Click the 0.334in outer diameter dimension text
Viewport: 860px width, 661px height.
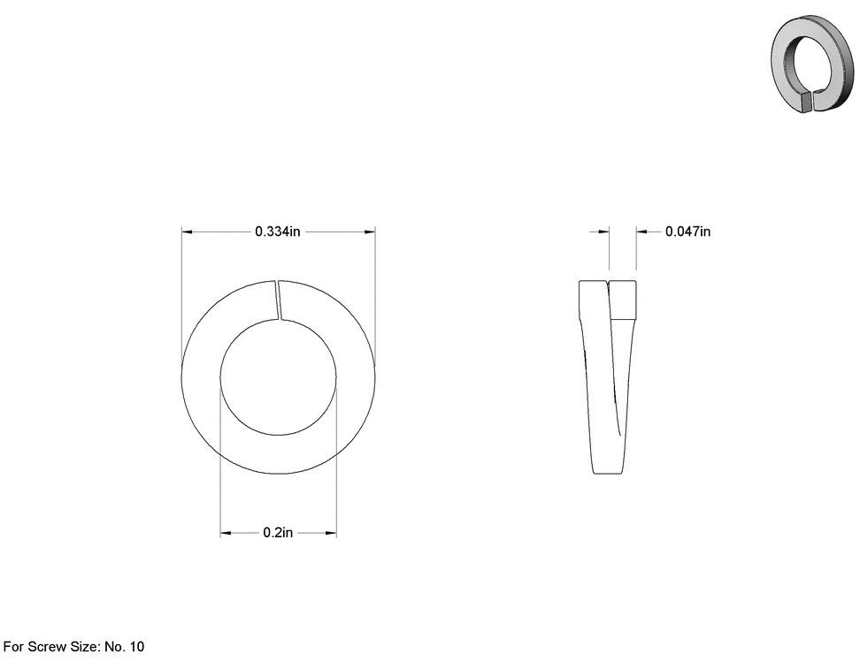click(278, 232)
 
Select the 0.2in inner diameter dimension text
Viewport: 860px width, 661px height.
click(278, 532)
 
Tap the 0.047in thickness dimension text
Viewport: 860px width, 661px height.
click(687, 232)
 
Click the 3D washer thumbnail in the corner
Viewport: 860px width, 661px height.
click(812, 63)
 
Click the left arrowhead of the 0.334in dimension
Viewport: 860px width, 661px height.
click(187, 232)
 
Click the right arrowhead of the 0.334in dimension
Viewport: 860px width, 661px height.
click(370, 232)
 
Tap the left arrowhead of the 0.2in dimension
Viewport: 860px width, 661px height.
click(226, 533)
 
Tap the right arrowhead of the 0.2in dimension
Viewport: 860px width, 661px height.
click(331, 533)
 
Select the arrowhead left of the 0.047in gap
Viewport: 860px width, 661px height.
click(604, 232)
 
